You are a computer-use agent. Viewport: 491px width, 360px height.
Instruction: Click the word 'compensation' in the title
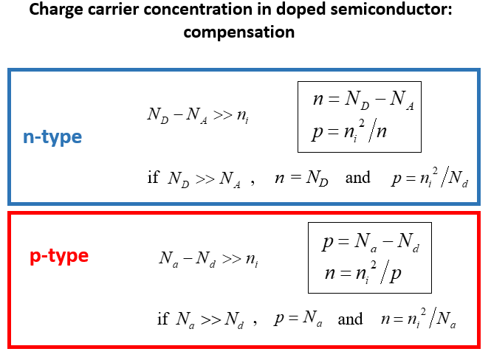tap(245, 32)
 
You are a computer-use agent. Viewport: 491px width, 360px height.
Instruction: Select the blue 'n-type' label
tap(52, 137)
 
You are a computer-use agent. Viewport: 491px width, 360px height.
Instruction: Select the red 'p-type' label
tap(59, 256)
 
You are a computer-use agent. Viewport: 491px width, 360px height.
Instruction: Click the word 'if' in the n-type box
tap(153, 178)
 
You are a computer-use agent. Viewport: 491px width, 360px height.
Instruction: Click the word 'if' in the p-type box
tap(163, 319)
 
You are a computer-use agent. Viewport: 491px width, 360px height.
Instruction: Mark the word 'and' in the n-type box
tap(357, 178)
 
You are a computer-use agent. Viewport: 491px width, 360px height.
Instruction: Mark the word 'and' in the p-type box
tap(350, 319)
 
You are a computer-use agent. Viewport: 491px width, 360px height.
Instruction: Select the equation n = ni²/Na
tap(419, 319)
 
